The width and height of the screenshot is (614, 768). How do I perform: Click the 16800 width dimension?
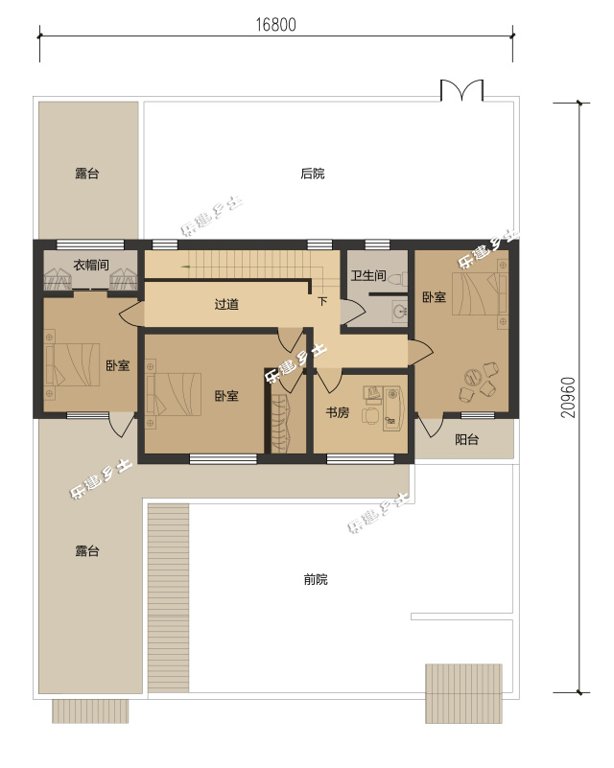click(276, 25)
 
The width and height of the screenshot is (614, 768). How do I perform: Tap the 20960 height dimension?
click(568, 397)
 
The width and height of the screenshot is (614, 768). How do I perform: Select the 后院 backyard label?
click(313, 174)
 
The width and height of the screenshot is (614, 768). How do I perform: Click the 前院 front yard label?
click(316, 580)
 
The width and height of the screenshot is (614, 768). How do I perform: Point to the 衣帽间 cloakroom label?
click(91, 265)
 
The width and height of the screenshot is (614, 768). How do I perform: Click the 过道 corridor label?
click(226, 304)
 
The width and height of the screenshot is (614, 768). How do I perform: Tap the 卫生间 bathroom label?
click(368, 275)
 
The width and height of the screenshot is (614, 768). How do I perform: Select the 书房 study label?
click(338, 412)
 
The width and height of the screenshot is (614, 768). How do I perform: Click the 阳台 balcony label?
click(466, 439)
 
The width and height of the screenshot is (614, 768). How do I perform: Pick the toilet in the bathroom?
click(398, 280)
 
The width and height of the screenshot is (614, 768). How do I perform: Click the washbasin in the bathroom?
click(400, 311)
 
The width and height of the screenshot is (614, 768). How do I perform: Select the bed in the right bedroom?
click(480, 293)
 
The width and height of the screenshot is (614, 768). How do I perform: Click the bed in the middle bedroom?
click(173, 394)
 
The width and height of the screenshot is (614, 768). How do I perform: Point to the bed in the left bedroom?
click(72, 365)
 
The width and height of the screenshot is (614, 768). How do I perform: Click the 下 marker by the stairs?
click(322, 301)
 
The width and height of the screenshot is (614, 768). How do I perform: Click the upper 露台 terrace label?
click(87, 174)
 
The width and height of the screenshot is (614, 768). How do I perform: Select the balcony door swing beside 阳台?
click(427, 426)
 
